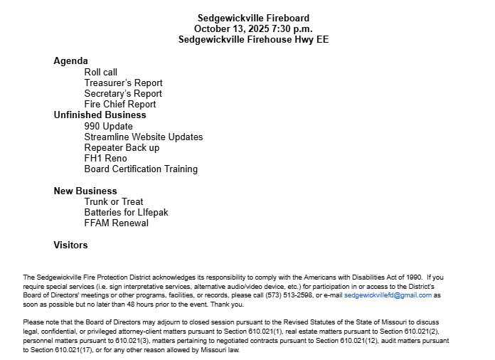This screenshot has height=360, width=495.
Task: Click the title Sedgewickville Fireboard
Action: (x=253, y=18)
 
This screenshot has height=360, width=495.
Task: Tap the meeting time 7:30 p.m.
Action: (x=292, y=28)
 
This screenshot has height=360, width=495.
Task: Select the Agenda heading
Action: (x=70, y=61)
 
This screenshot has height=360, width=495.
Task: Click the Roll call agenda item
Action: (x=100, y=72)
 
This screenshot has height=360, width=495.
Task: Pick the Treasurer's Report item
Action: (x=123, y=83)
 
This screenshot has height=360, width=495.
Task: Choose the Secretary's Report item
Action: (x=122, y=93)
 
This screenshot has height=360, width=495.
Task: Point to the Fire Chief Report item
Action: (x=119, y=104)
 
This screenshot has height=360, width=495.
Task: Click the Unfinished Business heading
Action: (x=100, y=115)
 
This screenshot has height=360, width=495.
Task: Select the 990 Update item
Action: (x=108, y=126)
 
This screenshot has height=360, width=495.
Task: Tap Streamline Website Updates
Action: (x=143, y=137)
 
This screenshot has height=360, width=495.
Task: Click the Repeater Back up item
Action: (x=122, y=147)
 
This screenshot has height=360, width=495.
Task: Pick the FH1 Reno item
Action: (x=105, y=158)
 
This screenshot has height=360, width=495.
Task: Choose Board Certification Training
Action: (x=141, y=169)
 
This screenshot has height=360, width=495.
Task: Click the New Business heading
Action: (x=85, y=191)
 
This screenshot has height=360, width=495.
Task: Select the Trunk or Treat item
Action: (x=113, y=201)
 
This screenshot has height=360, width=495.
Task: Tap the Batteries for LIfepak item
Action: (x=126, y=212)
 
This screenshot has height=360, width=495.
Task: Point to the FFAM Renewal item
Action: (x=116, y=223)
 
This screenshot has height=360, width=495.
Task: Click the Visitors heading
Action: (x=70, y=245)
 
